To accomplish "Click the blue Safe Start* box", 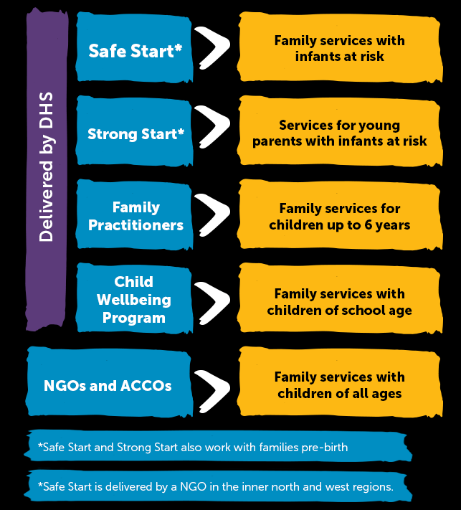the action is pos(134,47).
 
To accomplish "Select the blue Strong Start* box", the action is pos(134,131).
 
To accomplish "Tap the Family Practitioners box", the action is pos(134,214).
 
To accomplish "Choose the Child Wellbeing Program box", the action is pos(134,298).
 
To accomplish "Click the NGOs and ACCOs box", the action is pos(109,382).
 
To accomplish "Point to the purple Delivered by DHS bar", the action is pos(47,169).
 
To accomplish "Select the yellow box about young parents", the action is pos(340,131).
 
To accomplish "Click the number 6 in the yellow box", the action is pos(368,225).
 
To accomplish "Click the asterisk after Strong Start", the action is pos(181,132).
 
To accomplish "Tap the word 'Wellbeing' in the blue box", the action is pos(134,301).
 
